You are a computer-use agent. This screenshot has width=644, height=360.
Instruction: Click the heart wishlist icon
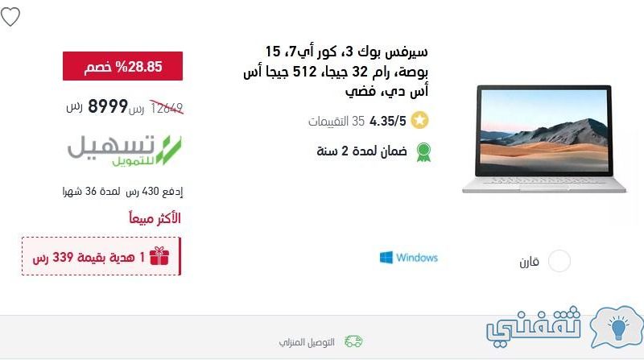[10, 17]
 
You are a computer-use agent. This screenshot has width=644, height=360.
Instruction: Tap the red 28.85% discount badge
[123, 66]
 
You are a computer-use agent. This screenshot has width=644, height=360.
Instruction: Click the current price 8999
[108, 106]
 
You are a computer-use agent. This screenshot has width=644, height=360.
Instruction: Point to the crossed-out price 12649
[167, 108]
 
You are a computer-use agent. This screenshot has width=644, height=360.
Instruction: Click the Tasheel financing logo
[125, 151]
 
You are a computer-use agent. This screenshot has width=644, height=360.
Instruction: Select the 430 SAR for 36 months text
[123, 192]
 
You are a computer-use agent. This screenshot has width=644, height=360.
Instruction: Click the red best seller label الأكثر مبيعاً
[155, 217]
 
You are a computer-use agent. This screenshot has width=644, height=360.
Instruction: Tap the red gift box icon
[159, 256]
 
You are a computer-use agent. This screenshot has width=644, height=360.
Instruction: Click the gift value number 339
[63, 257]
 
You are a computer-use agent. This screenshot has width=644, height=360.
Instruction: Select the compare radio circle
[559, 261]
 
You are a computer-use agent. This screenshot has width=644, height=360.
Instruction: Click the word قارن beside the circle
[529, 262]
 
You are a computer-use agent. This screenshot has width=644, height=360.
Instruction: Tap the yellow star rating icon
[419, 121]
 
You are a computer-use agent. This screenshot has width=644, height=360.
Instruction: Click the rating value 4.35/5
[388, 122]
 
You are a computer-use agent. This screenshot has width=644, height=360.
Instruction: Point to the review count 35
[358, 122]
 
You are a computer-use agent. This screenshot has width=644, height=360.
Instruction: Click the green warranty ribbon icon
[423, 151]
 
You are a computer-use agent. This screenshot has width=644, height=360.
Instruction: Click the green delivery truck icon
[353, 341]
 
